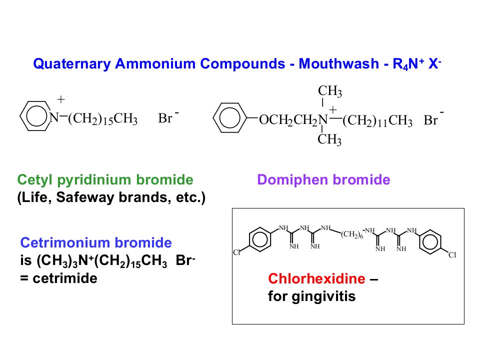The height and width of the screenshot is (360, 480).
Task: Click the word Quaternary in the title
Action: (x=71, y=64)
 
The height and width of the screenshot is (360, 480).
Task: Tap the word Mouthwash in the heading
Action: (x=339, y=63)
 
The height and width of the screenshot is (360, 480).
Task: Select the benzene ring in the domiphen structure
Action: (x=229, y=118)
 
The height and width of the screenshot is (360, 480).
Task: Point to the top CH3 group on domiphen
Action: (x=329, y=91)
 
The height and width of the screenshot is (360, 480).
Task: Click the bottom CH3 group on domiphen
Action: (x=329, y=139)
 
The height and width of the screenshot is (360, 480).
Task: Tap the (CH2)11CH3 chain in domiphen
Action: (x=377, y=120)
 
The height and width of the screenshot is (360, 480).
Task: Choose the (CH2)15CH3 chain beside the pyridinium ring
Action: (x=103, y=119)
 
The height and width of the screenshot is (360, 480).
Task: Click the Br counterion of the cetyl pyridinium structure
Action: (x=165, y=118)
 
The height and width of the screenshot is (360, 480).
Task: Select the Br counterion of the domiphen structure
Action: (x=430, y=120)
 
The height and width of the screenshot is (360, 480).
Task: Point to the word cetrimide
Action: (x=65, y=278)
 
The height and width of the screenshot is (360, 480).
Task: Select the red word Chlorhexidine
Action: (x=316, y=278)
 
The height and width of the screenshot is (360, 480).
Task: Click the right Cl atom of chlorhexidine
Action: (x=452, y=255)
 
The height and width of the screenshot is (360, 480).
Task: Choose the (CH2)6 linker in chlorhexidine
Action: (x=352, y=234)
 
